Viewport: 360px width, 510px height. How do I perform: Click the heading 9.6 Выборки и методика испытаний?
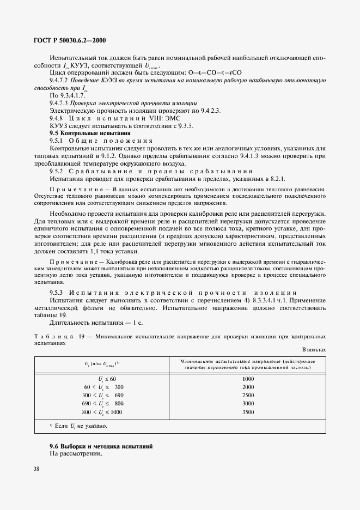(101, 447)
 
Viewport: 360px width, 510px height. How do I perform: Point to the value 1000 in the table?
(248, 378)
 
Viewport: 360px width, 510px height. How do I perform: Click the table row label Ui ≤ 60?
(107, 378)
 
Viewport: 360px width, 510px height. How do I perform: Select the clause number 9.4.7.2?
(58, 80)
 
